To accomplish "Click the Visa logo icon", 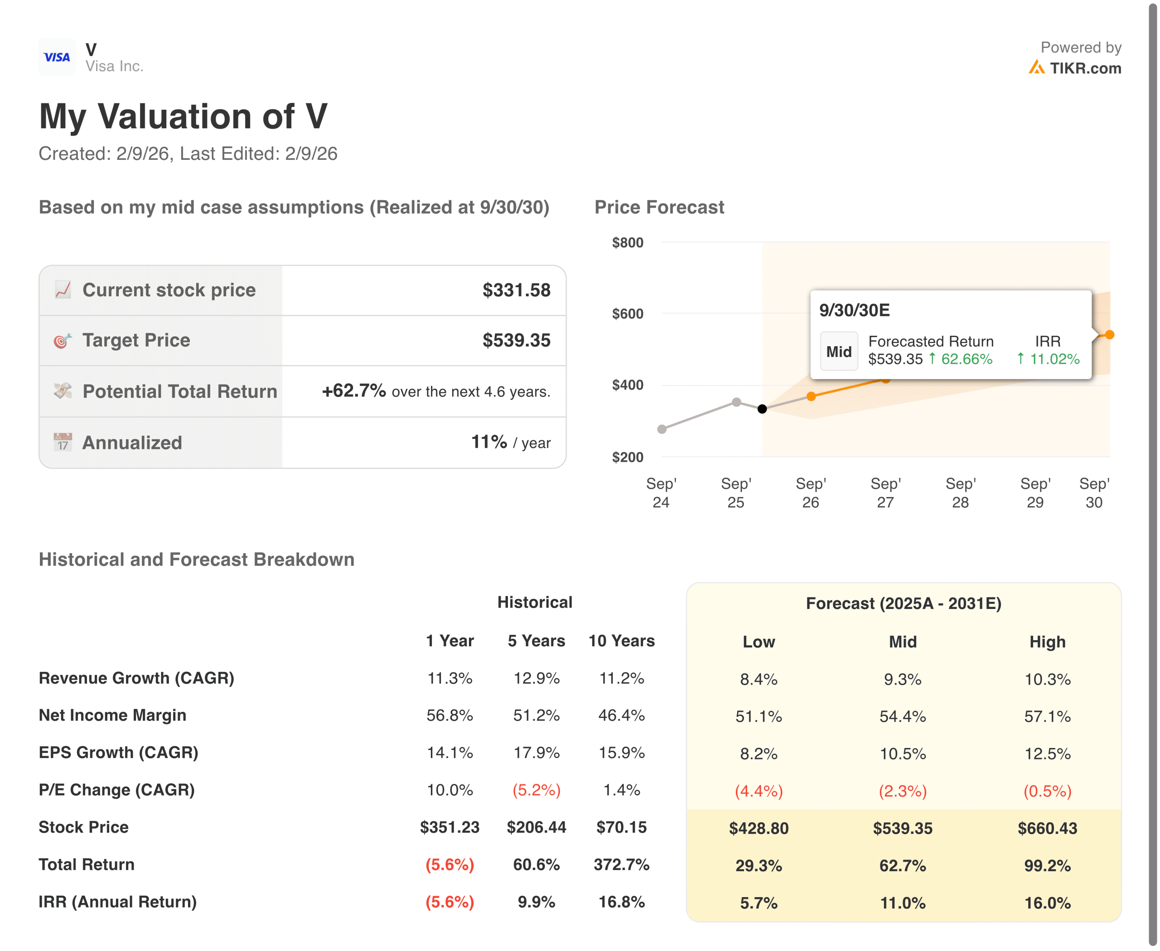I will [57, 57].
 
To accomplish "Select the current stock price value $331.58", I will [516, 290].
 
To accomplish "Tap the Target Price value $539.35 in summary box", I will [516, 340].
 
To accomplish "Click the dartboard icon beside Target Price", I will [63, 341].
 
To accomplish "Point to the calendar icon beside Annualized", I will [63, 442].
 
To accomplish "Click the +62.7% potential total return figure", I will [353, 391].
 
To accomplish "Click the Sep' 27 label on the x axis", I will [885, 492].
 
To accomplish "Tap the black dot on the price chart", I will [762, 409].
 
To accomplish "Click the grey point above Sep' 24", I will [662, 429].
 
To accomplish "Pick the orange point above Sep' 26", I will [811, 396].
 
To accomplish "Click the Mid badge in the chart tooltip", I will [838, 351].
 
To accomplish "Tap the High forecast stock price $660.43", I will [1047, 828].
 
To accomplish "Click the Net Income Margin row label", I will [112, 715].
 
